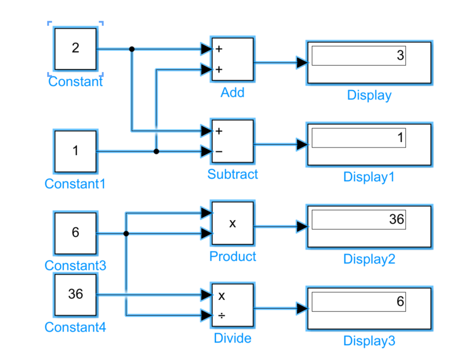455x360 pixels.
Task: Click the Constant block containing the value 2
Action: point(75,48)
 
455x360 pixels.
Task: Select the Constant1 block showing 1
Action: point(75,151)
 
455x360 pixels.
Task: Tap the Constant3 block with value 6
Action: point(75,233)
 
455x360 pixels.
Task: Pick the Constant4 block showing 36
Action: point(75,294)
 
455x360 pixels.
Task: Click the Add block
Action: point(232,59)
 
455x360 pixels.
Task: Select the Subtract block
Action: point(232,141)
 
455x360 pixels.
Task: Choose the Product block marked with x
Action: point(232,223)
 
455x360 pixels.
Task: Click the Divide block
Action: point(232,305)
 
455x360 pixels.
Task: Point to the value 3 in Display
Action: point(400,56)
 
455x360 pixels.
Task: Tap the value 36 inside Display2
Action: point(396,220)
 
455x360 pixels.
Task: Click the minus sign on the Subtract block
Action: point(219,151)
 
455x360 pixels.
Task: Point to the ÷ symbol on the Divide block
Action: point(221,315)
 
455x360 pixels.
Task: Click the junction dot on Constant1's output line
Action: point(156,151)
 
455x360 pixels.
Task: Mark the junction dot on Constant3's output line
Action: point(126,233)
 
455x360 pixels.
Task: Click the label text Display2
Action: point(369,259)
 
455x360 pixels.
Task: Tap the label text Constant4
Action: point(75,327)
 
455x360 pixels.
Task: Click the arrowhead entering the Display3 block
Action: point(302,309)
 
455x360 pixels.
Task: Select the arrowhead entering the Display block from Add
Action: point(302,63)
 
